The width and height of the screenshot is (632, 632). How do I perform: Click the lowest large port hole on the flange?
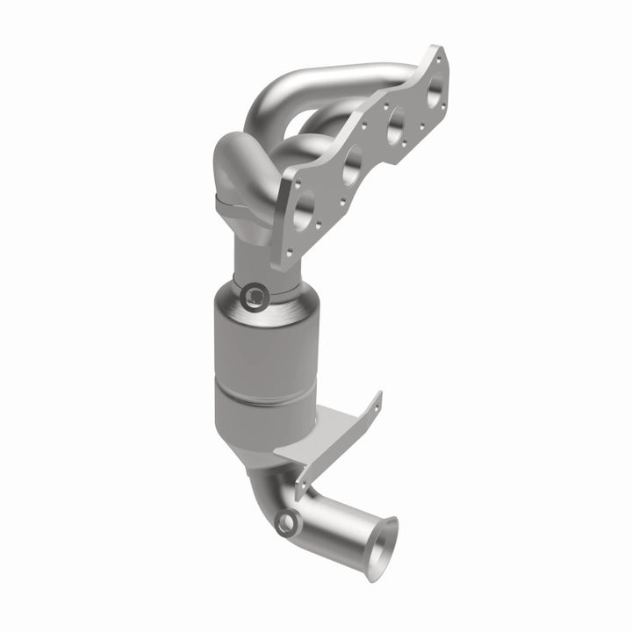coord(304,207)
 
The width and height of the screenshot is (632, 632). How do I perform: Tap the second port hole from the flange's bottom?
coord(351,162)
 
